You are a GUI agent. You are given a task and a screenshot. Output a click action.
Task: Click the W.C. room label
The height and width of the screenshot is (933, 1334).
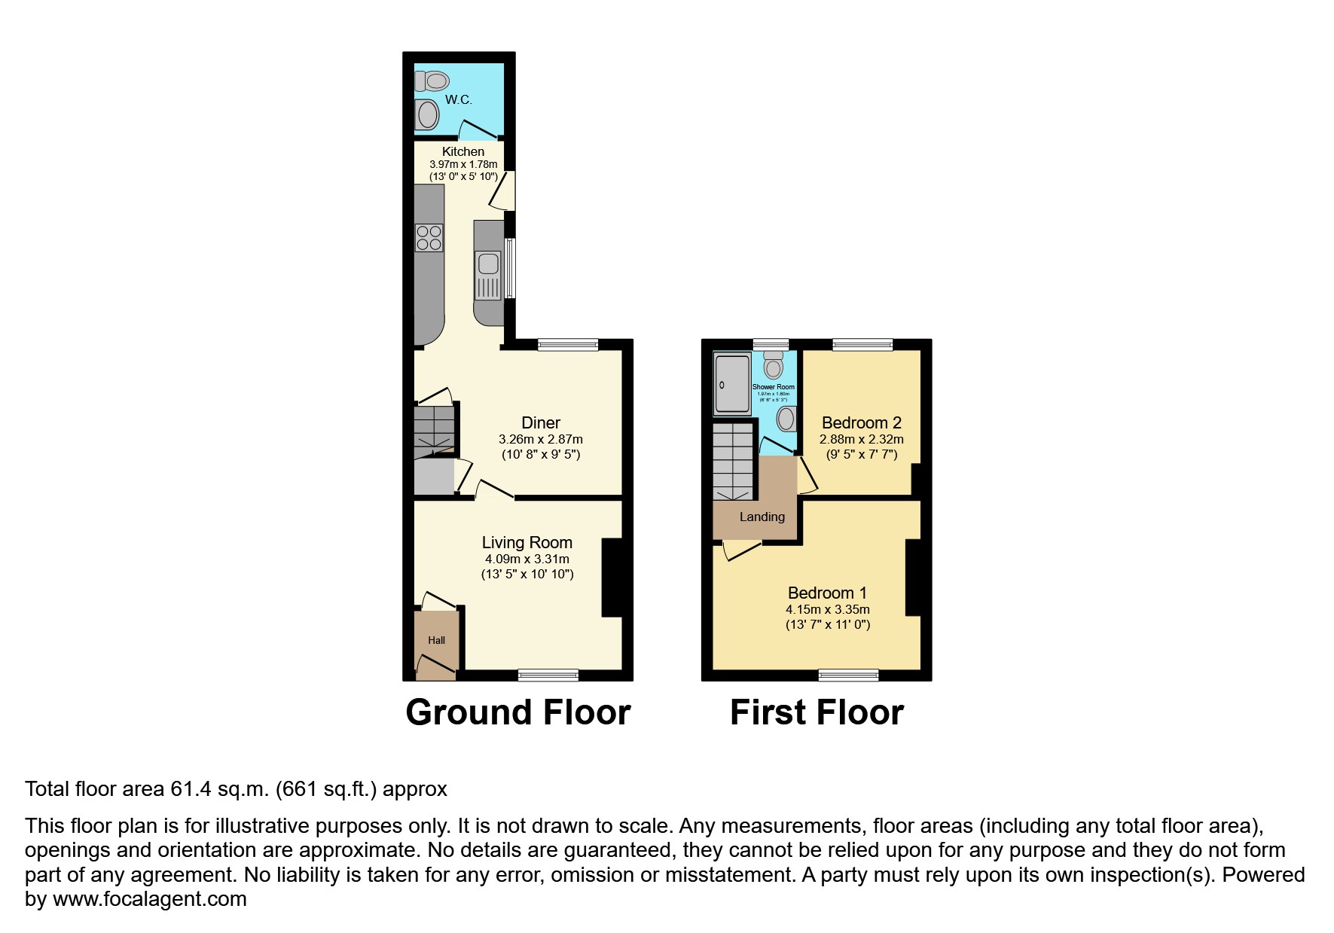tap(458, 99)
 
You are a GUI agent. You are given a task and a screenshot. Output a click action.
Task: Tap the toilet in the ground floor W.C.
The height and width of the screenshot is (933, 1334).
tap(433, 80)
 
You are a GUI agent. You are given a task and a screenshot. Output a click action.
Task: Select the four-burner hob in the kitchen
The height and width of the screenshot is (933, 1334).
tap(429, 238)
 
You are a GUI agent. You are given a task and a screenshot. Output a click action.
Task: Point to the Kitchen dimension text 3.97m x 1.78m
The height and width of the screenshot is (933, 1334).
tap(463, 164)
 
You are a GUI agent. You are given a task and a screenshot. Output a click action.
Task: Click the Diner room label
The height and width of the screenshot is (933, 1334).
tap(541, 422)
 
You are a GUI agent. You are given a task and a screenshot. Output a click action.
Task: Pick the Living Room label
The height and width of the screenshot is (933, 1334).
tap(527, 542)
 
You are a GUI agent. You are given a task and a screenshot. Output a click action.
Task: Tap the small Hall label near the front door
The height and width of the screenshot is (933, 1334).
tap(436, 640)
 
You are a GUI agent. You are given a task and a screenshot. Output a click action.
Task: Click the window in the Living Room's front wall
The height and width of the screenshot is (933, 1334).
tap(548, 675)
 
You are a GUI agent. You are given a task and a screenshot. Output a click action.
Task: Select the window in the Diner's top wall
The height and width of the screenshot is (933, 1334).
tap(568, 345)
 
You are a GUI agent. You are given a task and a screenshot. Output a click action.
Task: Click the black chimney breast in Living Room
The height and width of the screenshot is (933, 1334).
tap(612, 578)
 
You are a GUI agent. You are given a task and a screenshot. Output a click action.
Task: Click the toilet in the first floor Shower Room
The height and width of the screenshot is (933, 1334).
tap(774, 366)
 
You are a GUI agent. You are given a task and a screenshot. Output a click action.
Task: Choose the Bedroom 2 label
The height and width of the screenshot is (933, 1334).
tap(861, 422)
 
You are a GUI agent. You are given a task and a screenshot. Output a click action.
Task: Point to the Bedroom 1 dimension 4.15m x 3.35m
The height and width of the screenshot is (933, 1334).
tap(828, 609)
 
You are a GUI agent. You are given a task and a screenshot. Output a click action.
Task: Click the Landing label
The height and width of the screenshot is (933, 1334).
tap(762, 517)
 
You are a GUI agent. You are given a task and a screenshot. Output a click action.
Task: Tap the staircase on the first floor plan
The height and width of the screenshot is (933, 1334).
tap(733, 461)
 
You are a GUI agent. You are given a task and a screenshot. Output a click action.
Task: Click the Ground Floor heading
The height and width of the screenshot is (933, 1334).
tap(517, 712)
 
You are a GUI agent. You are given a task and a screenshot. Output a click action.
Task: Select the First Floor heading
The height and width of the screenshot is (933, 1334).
tap(817, 712)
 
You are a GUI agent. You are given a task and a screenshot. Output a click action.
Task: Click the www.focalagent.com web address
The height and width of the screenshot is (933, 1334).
tap(149, 899)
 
